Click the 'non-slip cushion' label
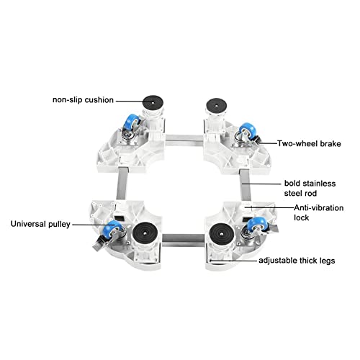pyautogui.click(x=83, y=100)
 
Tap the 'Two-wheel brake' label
pyautogui.click(x=309, y=143)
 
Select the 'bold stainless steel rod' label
pyautogui.click(x=310, y=188)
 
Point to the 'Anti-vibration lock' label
pyautogui.click(x=319, y=212)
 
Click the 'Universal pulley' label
pyautogui.click(x=40, y=224)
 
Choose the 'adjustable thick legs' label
pyautogui.click(x=297, y=261)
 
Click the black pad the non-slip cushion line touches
pyautogui.click(x=153, y=103)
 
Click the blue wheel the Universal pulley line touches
pyautogui.click(x=114, y=229)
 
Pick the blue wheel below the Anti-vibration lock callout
pyautogui.click(x=257, y=224)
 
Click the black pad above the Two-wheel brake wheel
pyautogui.click(x=216, y=105)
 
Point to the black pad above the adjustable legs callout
pyautogui.click(x=222, y=233)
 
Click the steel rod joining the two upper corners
pyautogui.click(x=184, y=140)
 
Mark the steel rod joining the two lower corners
pyautogui.click(x=184, y=240)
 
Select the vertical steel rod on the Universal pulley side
pyautogui.click(x=122, y=184)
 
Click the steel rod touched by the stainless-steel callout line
pyautogui.click(x=246, y=185)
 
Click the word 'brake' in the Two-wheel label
pyautogui.click(x=330, y=143)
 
